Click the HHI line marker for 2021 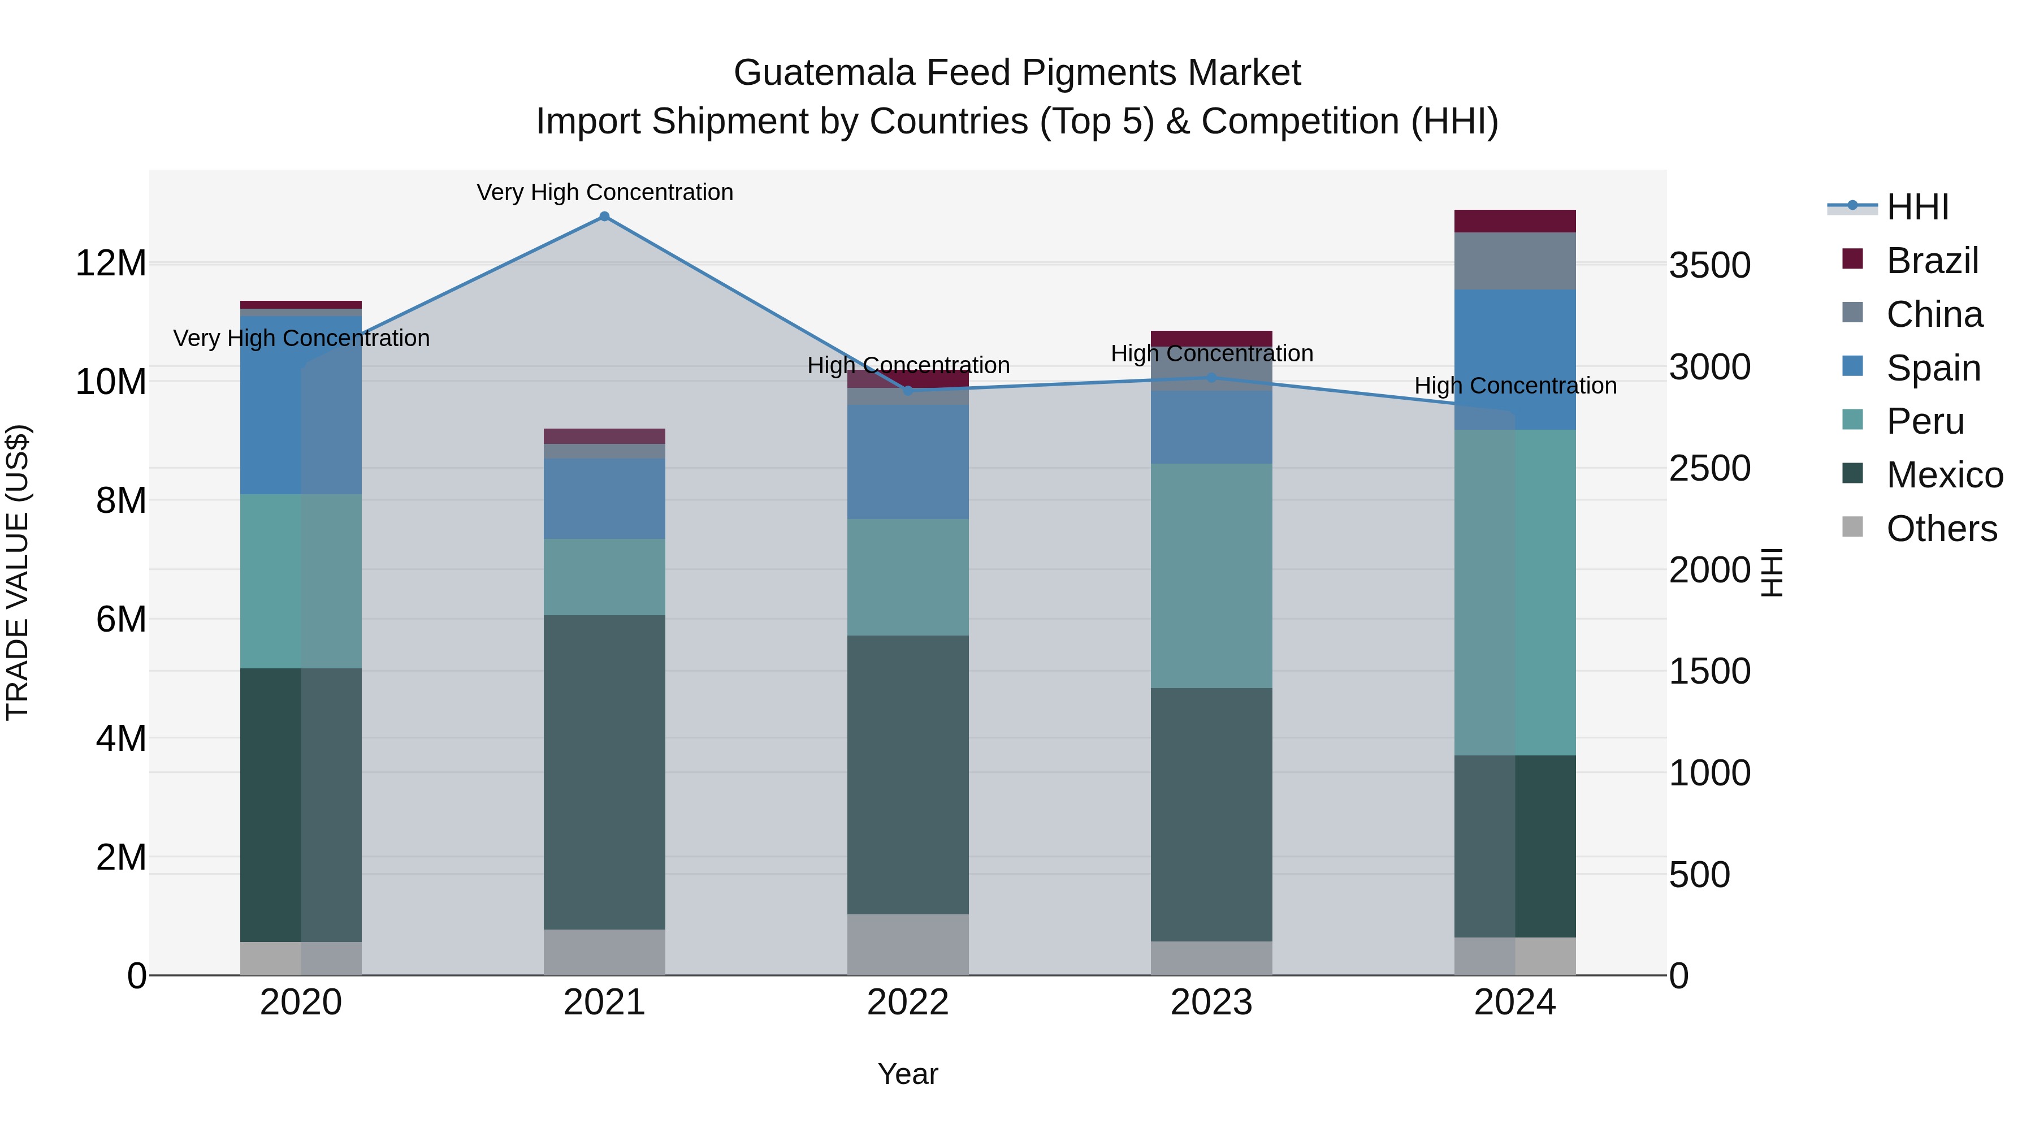click(x=604, y=217)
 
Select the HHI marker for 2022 click(x=908, y=390)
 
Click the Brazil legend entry click(x=1932, y=261)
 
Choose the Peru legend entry click(x=1924, y=421)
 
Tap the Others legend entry click(x=1941, y=529)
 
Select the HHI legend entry click(x=1917, y=207)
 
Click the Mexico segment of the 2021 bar click(x=604, y=771)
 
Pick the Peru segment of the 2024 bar click(x=1514, y=592)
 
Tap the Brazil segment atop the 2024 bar click(x=1514, y=221)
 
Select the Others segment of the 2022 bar click(x=908, y=944)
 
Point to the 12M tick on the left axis click(x=111, y=262)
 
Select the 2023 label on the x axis click(x=1211, y=1003)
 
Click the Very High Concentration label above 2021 click(x=604, y=192)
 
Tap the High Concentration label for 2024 click(x=1514, y=386)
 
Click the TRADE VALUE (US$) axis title click(x=18, y=572)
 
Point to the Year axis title click(x=908, y=1074)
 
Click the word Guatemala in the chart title click(x=824, y=73)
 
